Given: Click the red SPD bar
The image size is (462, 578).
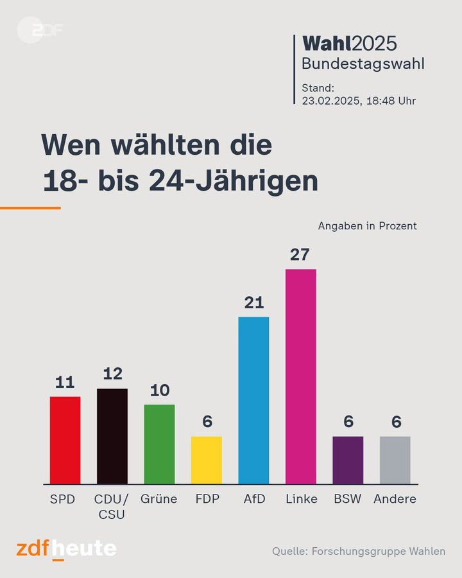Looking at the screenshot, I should [65, 440].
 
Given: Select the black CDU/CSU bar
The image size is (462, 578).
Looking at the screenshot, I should [112, 436].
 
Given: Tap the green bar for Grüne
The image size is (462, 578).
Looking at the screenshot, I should [159, 444].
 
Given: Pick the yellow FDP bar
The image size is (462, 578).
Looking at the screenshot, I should [207, 460].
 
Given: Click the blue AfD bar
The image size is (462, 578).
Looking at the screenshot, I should [253, 400].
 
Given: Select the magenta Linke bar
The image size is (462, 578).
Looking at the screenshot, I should [300, 376].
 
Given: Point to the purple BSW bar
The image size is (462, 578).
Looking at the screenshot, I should [348, 460].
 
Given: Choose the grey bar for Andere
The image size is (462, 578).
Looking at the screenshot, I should [395, 460].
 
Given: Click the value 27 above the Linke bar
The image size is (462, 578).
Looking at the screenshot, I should [300, 255].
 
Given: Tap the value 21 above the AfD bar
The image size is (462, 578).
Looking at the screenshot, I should [254, 302].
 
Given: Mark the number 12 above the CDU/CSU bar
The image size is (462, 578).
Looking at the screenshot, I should [112, 374].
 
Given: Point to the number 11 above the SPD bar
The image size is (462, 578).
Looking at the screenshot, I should [65, 383].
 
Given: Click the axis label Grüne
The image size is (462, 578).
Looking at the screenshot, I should [159, 499].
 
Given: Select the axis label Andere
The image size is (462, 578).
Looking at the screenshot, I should [395, 499].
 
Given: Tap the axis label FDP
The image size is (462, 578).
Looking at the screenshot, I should [207, 499].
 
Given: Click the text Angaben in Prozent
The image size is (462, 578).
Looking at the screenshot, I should [367, 226].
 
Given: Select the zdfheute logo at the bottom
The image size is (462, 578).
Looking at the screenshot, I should [67, 549].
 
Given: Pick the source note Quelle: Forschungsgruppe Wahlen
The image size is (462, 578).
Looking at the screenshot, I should [358, 551].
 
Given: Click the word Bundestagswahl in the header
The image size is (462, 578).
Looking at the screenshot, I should [363, 64].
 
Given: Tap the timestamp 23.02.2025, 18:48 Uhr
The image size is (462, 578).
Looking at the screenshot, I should [359, 101].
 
